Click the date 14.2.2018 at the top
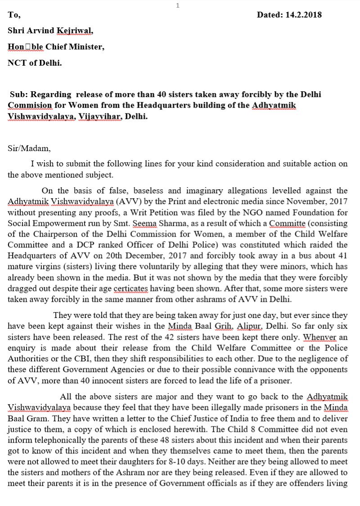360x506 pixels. click(x=303, y=15)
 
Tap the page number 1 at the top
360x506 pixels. click(x=178, y=5)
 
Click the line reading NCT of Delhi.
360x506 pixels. click(x=35, y=63)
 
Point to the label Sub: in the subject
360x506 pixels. click(x=19, y=94)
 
